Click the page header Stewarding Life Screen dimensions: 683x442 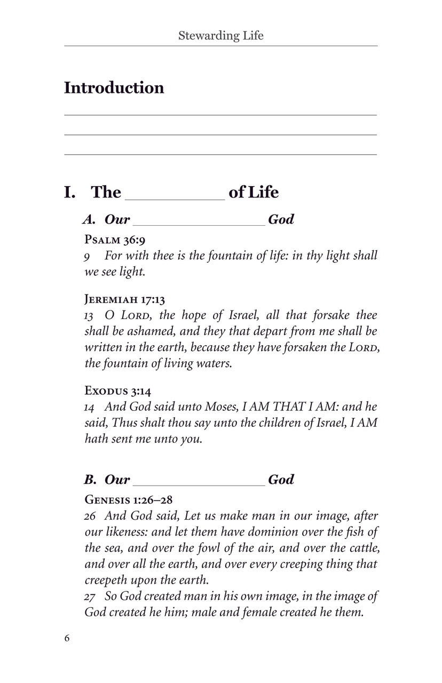coord(220,36)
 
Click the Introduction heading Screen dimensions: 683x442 coord(114,88)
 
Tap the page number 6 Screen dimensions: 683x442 coord(67,638)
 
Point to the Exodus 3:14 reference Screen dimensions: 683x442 coord(114,390)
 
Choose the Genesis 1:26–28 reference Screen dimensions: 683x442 coord(128,499)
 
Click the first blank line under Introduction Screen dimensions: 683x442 coord(220,114)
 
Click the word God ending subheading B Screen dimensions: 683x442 coord(281,479)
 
